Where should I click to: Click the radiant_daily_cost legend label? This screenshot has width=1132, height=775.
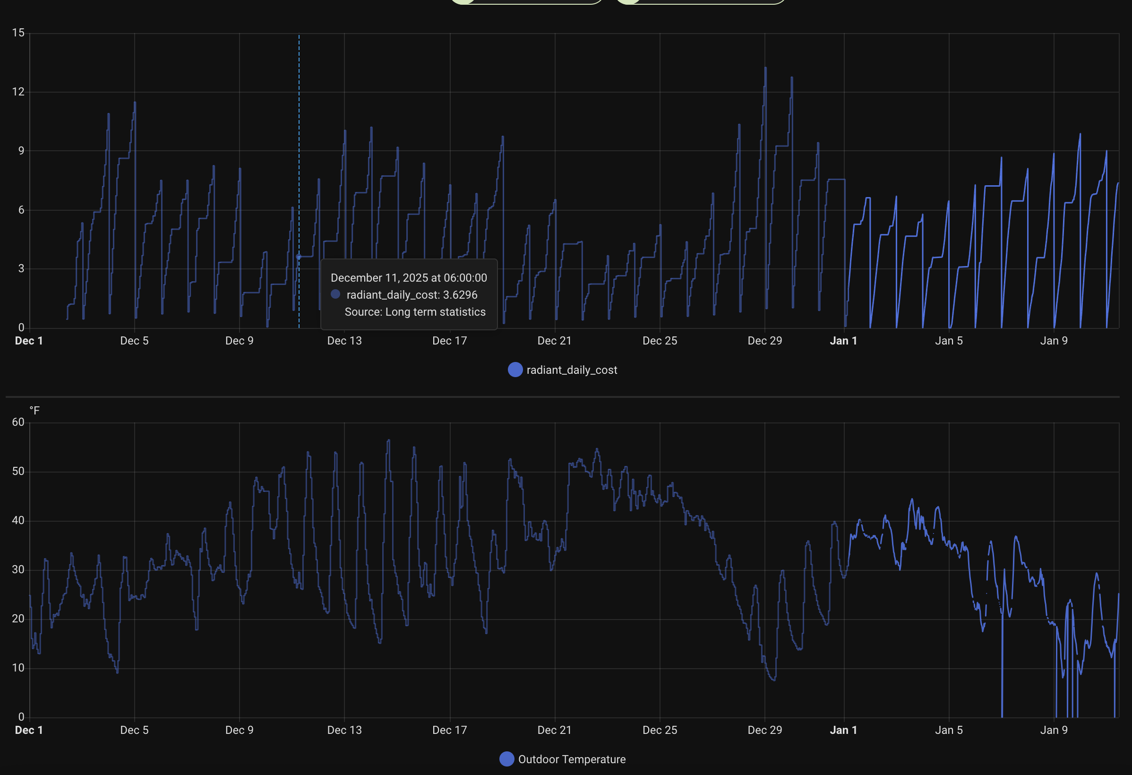[571, 370]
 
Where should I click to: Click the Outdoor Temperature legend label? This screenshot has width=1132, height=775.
[571, 759]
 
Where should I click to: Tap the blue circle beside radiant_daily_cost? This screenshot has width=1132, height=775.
[515, 370]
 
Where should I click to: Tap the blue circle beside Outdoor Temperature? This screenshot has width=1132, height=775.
[506, 759]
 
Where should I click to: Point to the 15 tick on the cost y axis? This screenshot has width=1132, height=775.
[18, 33]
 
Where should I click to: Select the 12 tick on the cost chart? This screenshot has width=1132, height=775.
[18, 92]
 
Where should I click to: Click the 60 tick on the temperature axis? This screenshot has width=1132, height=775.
[18, 422]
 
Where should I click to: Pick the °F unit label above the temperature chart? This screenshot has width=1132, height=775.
[34, 410]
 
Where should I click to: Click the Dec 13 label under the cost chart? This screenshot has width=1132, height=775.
[344, 341]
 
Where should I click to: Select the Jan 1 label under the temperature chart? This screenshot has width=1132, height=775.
[843, 730]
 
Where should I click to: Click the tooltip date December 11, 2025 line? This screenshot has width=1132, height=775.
[409, 278]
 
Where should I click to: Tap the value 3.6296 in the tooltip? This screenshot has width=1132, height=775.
[460, 295]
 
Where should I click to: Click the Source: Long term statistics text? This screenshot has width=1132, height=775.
[415, 312]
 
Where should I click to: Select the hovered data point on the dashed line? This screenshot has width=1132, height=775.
[299, 257]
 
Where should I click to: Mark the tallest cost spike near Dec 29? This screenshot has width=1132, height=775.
[765, 69]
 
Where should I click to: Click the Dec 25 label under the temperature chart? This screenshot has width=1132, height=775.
[660, 730]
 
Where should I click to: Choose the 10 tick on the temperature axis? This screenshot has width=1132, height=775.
[18, 667]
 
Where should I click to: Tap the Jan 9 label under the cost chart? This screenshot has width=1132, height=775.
[1054, 341]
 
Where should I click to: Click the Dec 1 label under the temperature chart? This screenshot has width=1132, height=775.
[29, 730]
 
